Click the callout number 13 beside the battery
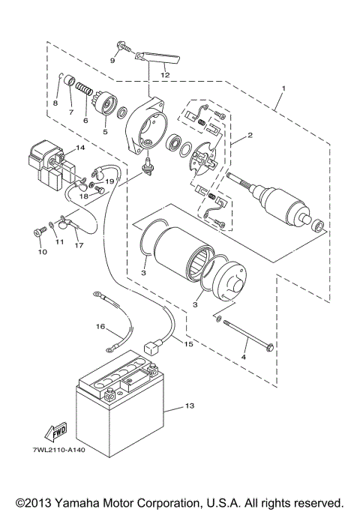tap(188, 407)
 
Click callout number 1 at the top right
tap(283, 88)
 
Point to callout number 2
tap(250, 136)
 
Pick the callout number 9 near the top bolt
tap(112, 59)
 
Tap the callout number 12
tap(164, 75)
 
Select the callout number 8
tap(55, 103)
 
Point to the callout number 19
tap(109, 181)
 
